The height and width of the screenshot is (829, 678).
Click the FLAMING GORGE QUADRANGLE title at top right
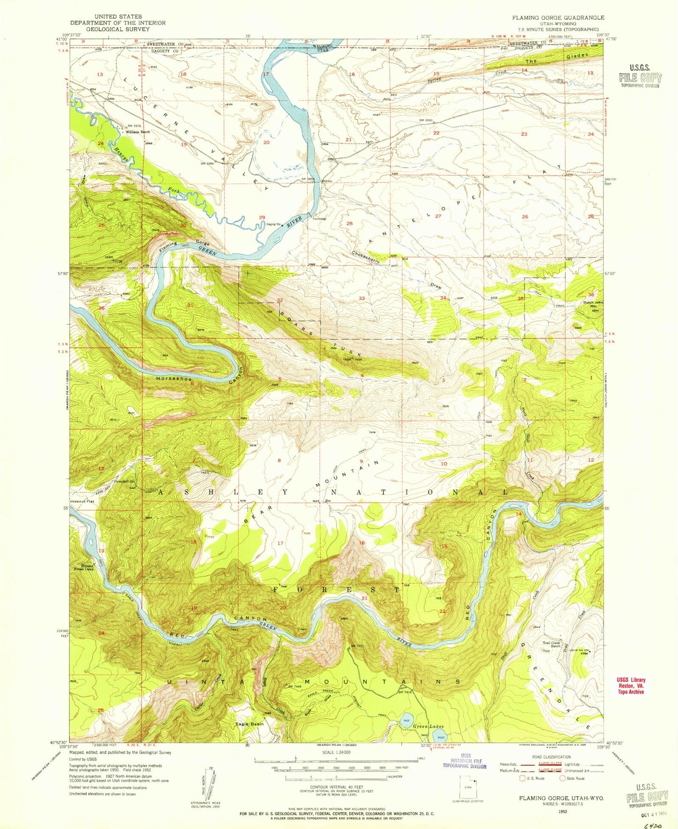pos(558,17)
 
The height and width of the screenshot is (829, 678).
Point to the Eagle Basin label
pos(249,724)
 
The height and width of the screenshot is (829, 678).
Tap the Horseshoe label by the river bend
pos(174,379)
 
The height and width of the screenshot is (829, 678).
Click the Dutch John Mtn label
pos(594,304)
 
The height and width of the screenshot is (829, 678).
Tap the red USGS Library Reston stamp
pos(630,685)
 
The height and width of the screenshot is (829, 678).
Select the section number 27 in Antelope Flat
pos(438,216)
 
